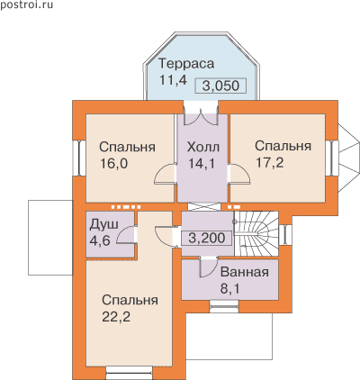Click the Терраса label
coord(186,64)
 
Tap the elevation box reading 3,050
coord(220,86)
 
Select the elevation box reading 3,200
coord(207,239)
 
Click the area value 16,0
coord(114,164)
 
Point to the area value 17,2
coord(269,162)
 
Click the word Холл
coord(203,148)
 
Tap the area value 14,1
coord(202,164)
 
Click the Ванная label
coord(245,273)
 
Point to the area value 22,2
coord(116,316)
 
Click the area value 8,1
coord(230,289)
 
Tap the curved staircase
coord(256,234)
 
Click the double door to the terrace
coord(201,116)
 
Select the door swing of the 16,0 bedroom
coord(165,173)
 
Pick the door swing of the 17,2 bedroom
coord(238,173)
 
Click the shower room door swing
coord(126,234)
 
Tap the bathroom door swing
coord(209,267)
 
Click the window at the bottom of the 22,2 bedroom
coord(130,373)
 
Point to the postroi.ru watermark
coord(27,5)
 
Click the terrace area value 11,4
coord(173,80)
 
